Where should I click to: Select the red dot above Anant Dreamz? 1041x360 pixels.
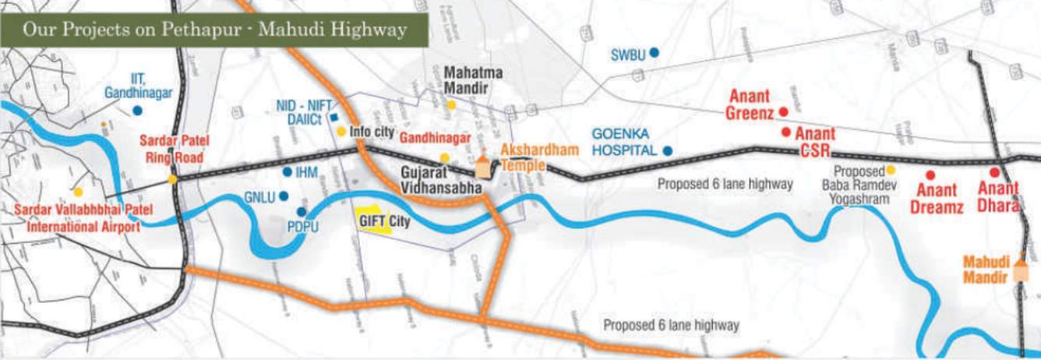pos(929,175)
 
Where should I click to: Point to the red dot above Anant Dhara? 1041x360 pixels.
pos(994,172)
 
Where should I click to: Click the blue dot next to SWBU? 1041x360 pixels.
pos(655,53)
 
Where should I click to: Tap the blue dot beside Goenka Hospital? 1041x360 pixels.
pos(668,150)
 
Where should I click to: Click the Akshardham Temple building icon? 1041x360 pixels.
pos(483,164)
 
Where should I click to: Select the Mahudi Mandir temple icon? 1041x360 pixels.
pos(1020,274)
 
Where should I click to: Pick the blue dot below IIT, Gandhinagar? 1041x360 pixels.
pos(137,111)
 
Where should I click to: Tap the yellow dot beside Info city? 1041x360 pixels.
pos(341,132)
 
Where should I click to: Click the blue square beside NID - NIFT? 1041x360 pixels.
pos(333,117)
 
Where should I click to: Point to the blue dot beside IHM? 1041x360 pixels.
pos(288,171)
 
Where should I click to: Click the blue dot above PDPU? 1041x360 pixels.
pos(301,212)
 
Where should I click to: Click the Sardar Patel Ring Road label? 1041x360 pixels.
pos(171,150)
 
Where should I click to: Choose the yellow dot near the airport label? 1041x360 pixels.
pos(78,191)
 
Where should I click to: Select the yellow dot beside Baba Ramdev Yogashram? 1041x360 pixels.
pos(891,169)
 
